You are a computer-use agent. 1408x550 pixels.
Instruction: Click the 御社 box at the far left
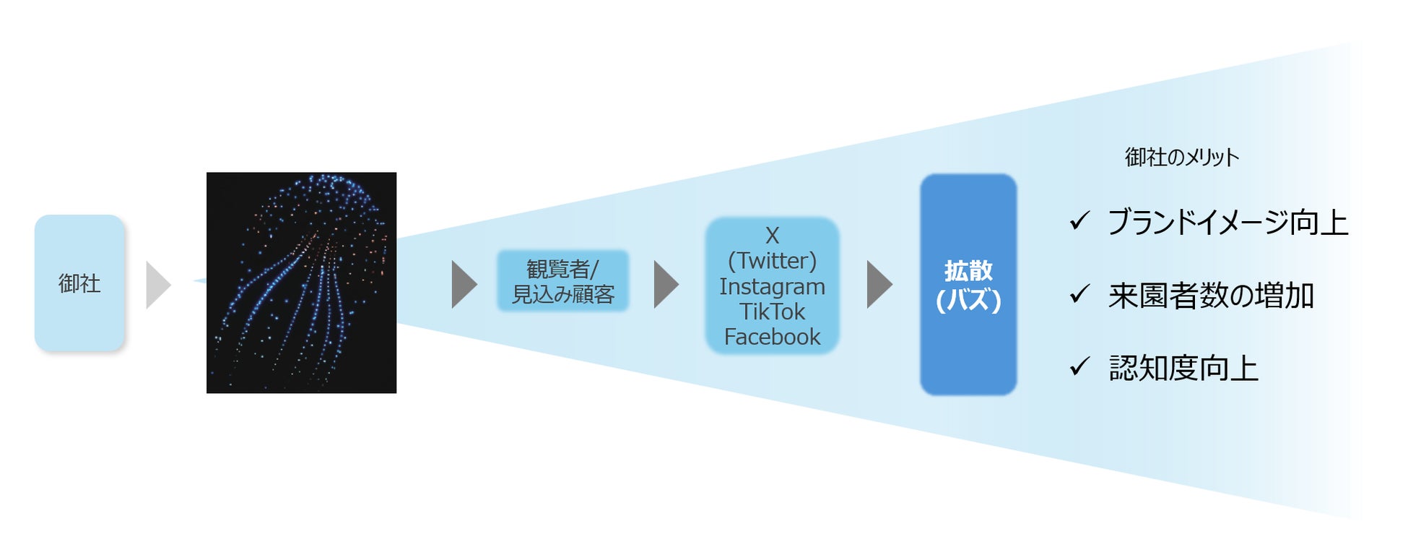(79, 283)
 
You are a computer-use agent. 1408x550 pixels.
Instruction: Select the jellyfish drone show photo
(301, 283)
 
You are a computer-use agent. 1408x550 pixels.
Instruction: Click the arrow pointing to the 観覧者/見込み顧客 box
(463, 285)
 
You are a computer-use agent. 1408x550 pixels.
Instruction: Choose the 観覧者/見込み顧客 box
(562, 281)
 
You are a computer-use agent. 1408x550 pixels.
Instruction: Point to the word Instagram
(772, 287)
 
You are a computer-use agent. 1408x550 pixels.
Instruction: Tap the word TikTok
(772, 311)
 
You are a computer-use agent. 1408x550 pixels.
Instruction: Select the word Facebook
(772, 337)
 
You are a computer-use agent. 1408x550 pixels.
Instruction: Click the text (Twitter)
(772, 260)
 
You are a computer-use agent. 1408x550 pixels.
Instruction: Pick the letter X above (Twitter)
(772, 236)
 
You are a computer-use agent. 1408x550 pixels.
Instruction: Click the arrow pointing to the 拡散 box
(878, 285)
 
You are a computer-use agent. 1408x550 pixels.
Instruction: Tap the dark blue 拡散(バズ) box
(968, 284)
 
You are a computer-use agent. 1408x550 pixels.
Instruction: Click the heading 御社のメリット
(1181, 157)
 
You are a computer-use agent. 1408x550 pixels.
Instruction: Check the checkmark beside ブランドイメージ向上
(1079, 220)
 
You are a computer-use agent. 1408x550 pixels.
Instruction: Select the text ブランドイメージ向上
(1227, 222)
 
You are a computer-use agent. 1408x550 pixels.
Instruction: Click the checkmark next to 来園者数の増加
(1079, 293)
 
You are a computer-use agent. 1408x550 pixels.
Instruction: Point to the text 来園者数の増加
(1211, 296)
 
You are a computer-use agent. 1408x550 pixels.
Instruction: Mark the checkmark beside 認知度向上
(1079, 366)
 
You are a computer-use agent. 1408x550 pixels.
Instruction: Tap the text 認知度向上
(1183, 369)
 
